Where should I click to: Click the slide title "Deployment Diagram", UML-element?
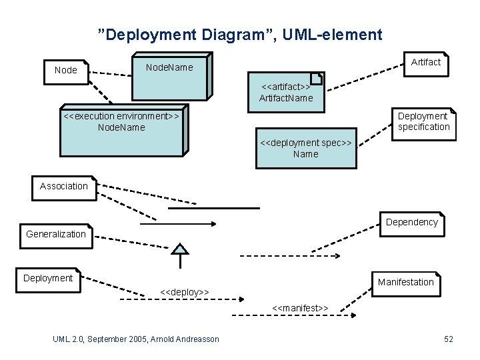[x=240, y=35]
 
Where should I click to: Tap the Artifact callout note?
[x=426, y=63]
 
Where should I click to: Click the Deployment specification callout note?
[x=423, y=122]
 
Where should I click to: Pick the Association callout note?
[x=64, y=187]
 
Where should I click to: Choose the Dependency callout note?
[x=412, y=223]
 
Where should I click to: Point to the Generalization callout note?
[x=56, y=235]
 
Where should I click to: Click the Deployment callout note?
[x=48, y=279]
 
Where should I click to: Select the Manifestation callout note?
[x=405, y=282]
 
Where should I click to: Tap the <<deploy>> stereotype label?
[x=185, y=292]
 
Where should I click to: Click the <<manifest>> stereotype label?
[x=300, y=308]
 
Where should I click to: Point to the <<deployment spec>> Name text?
[x=306, y=149]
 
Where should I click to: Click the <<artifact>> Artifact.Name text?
[x=286, y=93]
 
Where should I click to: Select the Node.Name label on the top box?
[x=169, y=67]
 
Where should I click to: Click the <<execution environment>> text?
[x=121, y=116]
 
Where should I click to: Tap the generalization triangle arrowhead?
[x=179, y=250]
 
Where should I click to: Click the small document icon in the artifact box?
[x=317, y=79]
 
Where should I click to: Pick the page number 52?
[x=449, y=339]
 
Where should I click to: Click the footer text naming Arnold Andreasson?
[x=136, y=339]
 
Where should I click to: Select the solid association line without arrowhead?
[x=213, y=208]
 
